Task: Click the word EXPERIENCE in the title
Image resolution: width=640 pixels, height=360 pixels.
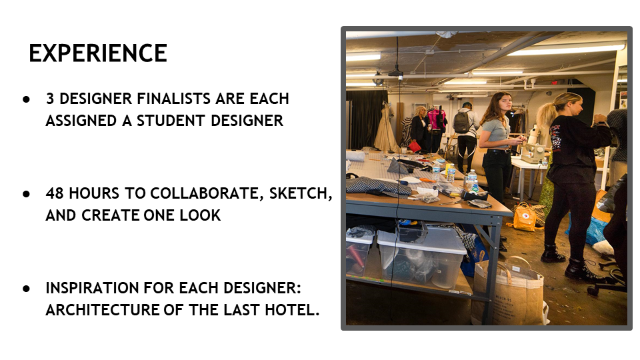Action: [97, 53]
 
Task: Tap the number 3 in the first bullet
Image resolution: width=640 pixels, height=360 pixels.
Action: [50, 99]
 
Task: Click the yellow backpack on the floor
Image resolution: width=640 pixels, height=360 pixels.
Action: [525, 217]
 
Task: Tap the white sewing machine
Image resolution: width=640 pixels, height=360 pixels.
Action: [533, 152]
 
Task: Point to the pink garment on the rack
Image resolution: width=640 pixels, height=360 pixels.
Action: [437, 119]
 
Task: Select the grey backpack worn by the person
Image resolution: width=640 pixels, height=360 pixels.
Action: [461, 121]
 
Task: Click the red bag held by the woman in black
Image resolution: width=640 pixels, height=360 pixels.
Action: [415, 145]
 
